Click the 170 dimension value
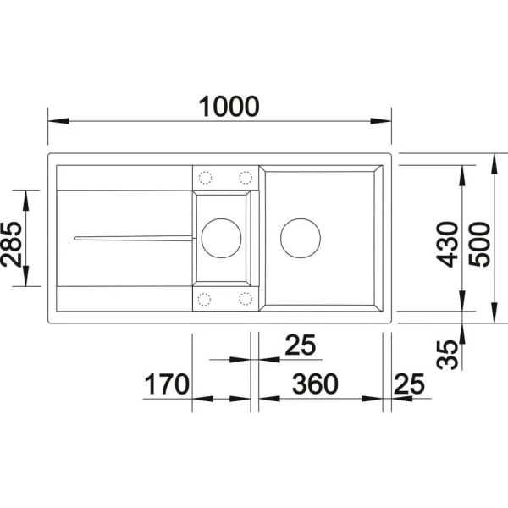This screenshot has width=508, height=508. (x=163, y=384)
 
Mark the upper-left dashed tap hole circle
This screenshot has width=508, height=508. (x=204, y=177)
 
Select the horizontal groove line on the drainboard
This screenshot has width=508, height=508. (x=131, y=238)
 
